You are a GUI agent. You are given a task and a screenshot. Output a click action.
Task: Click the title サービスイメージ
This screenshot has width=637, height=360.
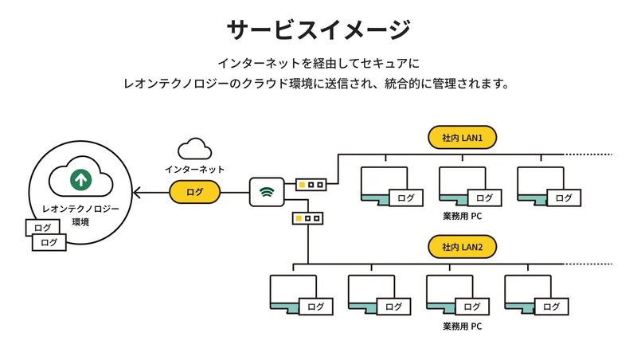(318, 30)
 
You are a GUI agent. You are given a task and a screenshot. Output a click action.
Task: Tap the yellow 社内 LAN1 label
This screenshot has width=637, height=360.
(463, 139)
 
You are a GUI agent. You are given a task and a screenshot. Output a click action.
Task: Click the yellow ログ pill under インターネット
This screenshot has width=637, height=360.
(194, 192)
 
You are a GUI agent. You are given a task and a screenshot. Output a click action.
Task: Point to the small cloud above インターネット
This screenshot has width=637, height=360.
(194, 148)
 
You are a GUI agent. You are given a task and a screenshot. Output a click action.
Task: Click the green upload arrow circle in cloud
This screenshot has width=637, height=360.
(80, 179)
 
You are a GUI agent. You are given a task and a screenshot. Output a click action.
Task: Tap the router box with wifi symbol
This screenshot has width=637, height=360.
(266, 191)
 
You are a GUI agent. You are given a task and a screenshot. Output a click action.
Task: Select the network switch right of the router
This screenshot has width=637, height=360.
(311, 184)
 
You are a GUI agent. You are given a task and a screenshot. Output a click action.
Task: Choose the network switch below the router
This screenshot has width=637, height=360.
(307, 217)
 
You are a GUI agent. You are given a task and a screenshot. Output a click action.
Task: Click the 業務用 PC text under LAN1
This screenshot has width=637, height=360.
(463, 216)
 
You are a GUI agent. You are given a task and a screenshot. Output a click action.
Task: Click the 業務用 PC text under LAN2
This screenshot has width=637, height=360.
(463, 326)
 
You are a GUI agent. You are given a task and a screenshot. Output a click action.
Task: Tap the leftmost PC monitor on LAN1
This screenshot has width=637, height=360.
(384, 182)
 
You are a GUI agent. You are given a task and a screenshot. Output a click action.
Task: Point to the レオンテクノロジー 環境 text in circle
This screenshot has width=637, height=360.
(80, 215)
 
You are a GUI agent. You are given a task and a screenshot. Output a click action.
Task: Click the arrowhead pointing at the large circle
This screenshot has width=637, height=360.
(137, 192)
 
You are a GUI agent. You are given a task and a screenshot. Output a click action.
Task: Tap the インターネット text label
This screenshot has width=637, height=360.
(194, 170)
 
